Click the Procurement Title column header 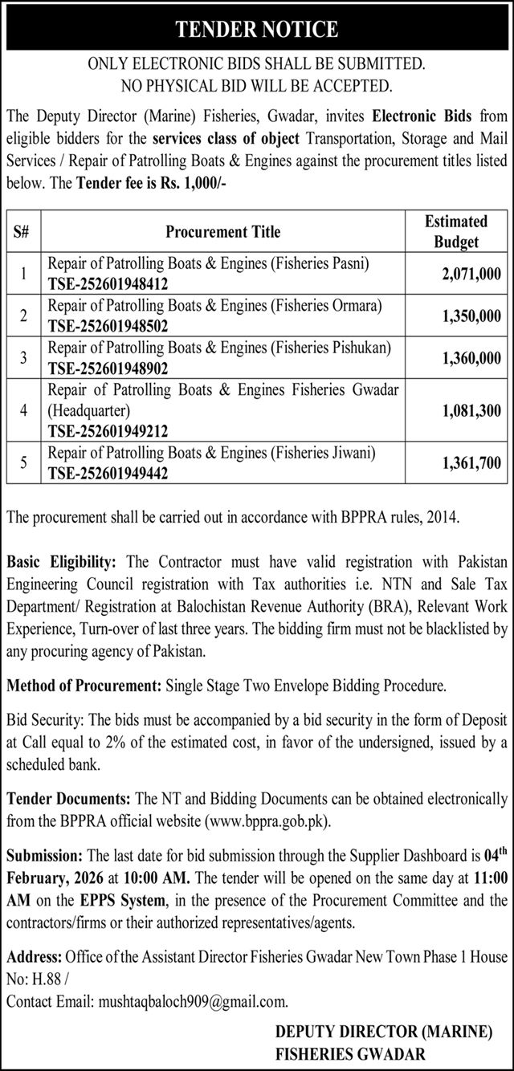223,231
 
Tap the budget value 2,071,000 471,275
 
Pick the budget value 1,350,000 471,317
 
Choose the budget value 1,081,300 471,410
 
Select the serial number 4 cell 25,410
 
